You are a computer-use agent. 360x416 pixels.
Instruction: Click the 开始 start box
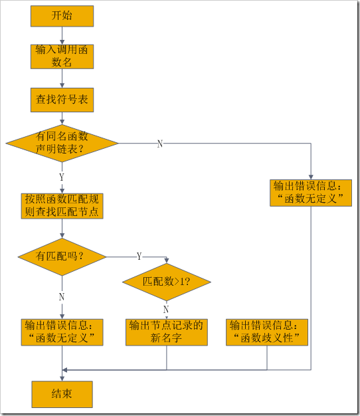[62, 16]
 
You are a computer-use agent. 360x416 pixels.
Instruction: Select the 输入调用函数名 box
[62, 56]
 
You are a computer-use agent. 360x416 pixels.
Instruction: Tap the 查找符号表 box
[62, 100]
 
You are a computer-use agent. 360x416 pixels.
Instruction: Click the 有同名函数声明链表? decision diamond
[62, 143]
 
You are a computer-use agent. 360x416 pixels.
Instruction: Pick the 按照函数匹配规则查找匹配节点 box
[62, 205]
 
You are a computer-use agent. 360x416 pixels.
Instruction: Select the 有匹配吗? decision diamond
[62, 256]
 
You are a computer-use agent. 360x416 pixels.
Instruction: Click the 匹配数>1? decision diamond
[166, 281]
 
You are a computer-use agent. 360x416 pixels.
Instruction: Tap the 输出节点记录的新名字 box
[166, 332]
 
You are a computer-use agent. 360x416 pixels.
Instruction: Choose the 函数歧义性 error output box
[268, 332]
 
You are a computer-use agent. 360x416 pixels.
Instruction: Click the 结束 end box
[62, 393]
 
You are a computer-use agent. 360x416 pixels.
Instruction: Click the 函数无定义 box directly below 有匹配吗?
[62, 332]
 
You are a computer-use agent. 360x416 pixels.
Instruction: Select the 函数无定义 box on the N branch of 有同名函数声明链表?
[310, 192]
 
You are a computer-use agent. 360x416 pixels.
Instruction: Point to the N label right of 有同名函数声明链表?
[159, 144]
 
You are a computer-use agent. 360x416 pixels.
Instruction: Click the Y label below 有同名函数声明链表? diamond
[62, 177]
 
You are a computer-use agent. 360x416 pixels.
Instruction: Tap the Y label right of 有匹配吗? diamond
[139, 256]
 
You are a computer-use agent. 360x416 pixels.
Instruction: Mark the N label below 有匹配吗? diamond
[62, 296]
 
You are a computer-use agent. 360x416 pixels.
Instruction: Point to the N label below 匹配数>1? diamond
[166, 309]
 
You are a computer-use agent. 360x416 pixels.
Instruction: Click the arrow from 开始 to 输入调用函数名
[62, 35]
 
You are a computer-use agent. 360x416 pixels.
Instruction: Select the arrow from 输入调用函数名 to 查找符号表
[62, 78]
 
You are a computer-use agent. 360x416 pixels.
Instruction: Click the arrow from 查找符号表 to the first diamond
[62, 118]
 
